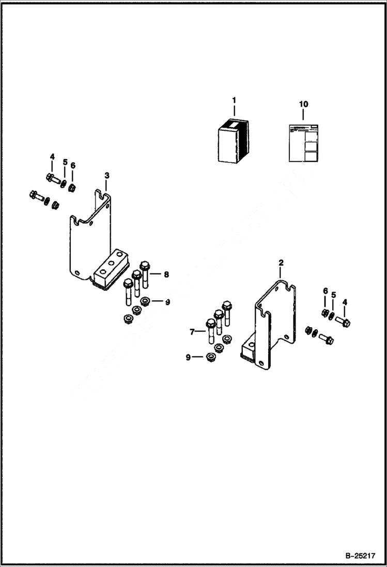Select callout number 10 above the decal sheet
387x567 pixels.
[x=303, y=104]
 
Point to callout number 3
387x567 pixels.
[x=107, y=176]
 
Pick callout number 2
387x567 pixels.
[x=281, y=263]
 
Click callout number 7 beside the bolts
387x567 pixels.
[x=192, y=331]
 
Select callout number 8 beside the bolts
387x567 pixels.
[x=166, y=275]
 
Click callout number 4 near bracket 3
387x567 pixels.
[x=52, y=157]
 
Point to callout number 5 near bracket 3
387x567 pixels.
[x=65, y=162]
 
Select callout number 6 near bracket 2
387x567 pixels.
[x=326, y=292]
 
